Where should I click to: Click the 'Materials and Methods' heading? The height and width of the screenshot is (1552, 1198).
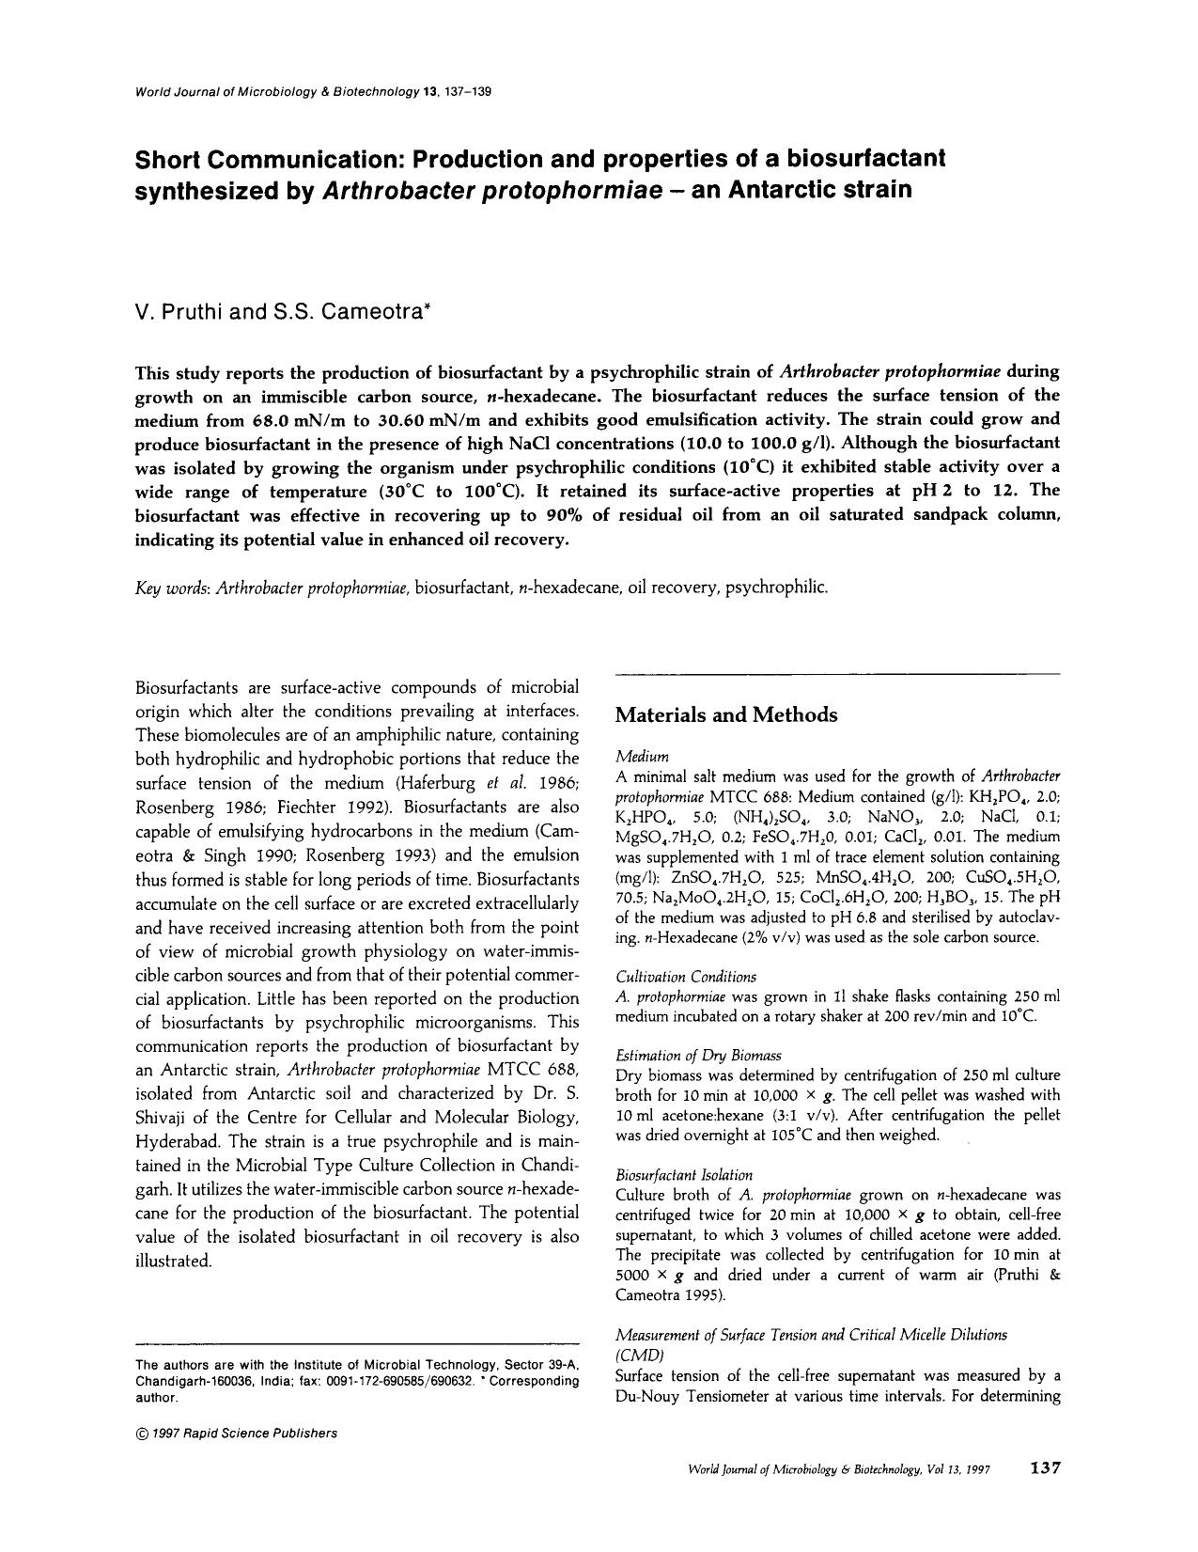(x=725, y=715)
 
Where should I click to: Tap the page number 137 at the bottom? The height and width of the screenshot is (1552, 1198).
(x=1045, y=1468)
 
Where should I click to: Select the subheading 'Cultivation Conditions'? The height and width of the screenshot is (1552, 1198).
(x=686, y=977)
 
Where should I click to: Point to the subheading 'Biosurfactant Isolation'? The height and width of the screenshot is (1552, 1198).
(x=684, y=1175)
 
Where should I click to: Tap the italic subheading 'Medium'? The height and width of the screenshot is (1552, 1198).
(x=642, y=757)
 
